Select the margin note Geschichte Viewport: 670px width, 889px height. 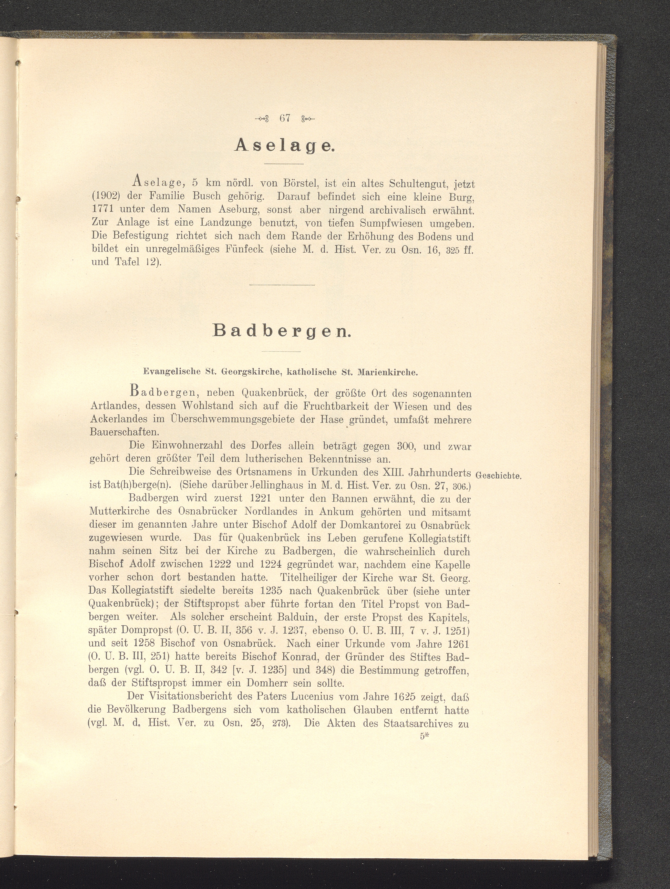click(x=498, y=475)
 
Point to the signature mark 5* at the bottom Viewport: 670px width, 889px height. click(x=425, y=737)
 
